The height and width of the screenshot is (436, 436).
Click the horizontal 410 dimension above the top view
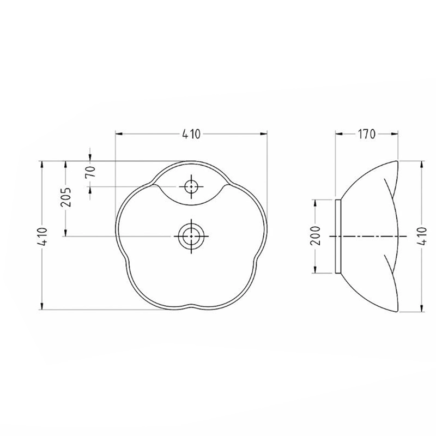point(191,134)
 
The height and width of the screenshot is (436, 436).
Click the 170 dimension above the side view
point(366,134)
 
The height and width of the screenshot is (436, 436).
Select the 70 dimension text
point(90,172)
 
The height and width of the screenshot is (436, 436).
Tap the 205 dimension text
point(66,197)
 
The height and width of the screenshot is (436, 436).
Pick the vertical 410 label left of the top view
point(43,237)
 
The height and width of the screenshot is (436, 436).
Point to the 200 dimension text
point(316,236)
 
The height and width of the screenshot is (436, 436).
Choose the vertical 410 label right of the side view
point(422,236)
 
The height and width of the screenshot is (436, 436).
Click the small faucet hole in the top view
point(191,186)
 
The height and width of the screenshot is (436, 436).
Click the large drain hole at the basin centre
point(191,236)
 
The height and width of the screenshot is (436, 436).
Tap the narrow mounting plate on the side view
point(338,237)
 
